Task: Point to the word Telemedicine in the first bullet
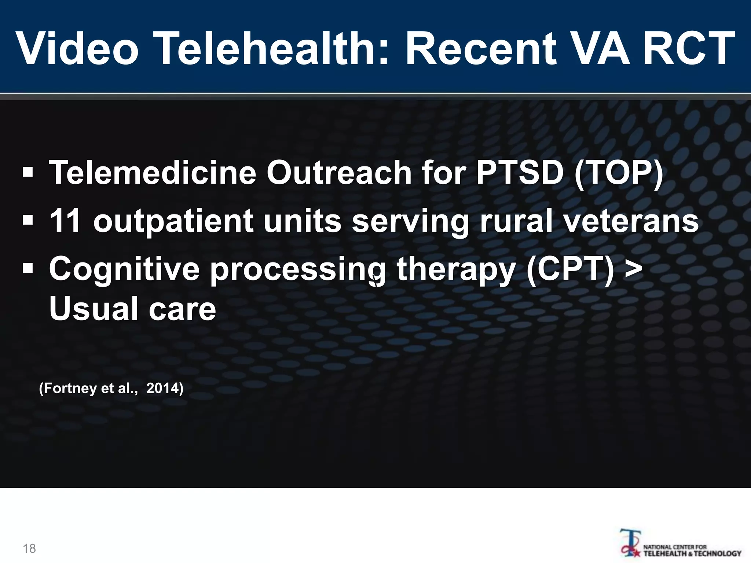point(153,173)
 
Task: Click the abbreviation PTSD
point(519,173)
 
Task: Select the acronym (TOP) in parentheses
point(619,173)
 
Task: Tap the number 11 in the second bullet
point(65,221)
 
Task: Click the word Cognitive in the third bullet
point(124,269)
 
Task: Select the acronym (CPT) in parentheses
point(571,269)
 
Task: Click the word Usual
point(94,309)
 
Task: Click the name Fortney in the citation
point(68,388)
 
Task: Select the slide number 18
point(29,548)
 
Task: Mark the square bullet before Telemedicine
point(28,172)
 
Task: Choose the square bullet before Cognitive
point(28,268)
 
